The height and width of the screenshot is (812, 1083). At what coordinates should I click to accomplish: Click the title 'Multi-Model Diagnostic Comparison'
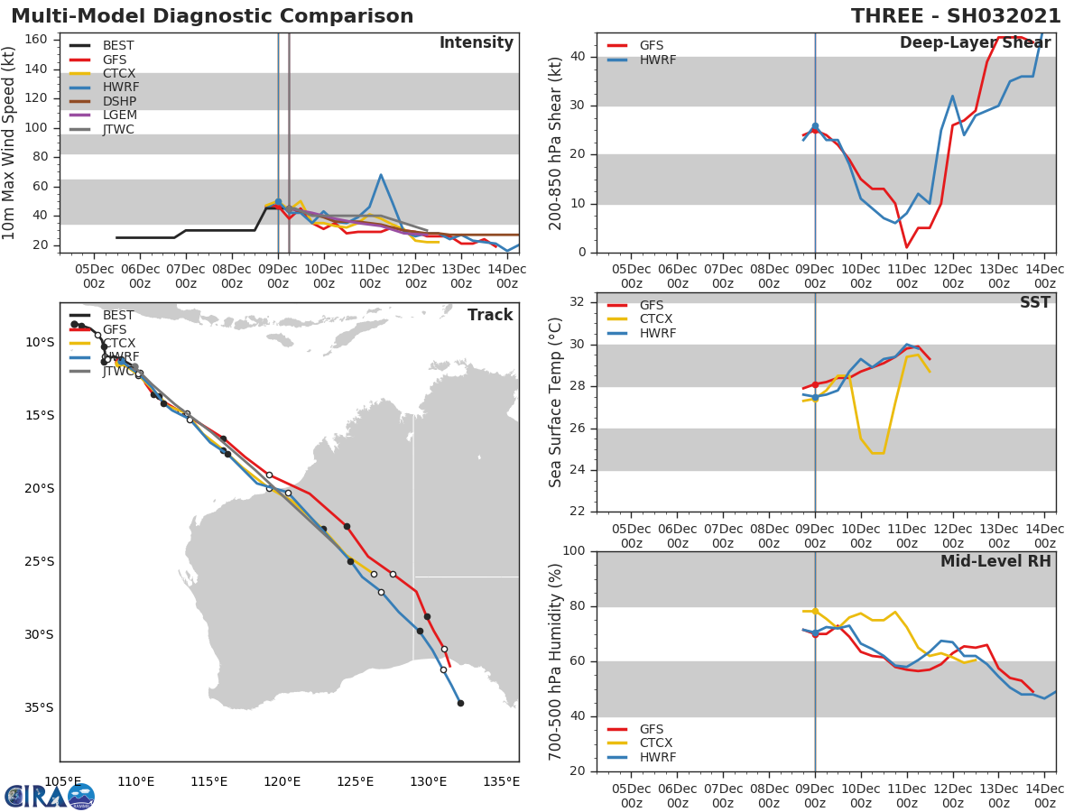[x=212, y=16]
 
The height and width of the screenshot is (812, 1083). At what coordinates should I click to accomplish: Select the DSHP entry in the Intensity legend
[x=119, y=101]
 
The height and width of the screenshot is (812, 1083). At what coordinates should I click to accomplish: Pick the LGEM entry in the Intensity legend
[x=119, y=115]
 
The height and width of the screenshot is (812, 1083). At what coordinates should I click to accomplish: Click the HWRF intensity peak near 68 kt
[x=381, y=175]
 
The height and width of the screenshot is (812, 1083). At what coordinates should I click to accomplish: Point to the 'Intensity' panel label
[x=476, y=43]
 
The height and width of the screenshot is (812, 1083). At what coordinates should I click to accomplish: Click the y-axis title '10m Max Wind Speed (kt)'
[x=10, y=143]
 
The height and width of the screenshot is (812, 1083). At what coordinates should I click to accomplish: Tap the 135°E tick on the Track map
[x=501, y=781]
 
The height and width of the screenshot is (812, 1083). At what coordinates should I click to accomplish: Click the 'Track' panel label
[x=490, y=315]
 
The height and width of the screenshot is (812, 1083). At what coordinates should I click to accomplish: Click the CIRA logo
[x=50, y=796]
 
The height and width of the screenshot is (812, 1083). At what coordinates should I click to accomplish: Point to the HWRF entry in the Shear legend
[x=657, y=60]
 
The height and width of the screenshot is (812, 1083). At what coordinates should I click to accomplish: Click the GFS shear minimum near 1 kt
[x=906, y=247]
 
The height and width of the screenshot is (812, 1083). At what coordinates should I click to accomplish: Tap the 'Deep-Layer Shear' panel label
[x=975, y=43]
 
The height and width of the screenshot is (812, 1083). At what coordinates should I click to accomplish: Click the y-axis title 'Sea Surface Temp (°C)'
[x=557, y=402]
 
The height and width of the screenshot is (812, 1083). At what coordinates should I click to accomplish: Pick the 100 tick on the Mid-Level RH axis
[x=574, y=551]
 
